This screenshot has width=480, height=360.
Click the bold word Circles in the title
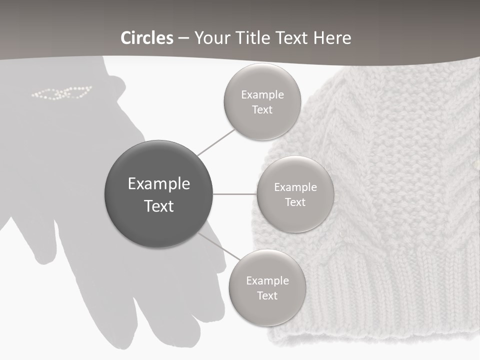click(147, 38)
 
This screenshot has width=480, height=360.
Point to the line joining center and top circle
click(216, 141)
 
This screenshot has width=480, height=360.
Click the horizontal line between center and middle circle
click(235, 194)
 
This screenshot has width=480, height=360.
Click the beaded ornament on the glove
click(62, 92)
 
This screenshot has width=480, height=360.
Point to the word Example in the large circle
click(158, 184)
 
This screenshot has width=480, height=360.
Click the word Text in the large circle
click(158, 206)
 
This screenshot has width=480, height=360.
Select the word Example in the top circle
click(262, 95)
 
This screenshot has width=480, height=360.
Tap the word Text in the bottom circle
click(267, 295)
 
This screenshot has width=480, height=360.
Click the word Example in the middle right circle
click(295, 187)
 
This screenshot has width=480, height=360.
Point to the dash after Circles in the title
click(183, 38)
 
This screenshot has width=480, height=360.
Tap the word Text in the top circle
click(262, 110)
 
